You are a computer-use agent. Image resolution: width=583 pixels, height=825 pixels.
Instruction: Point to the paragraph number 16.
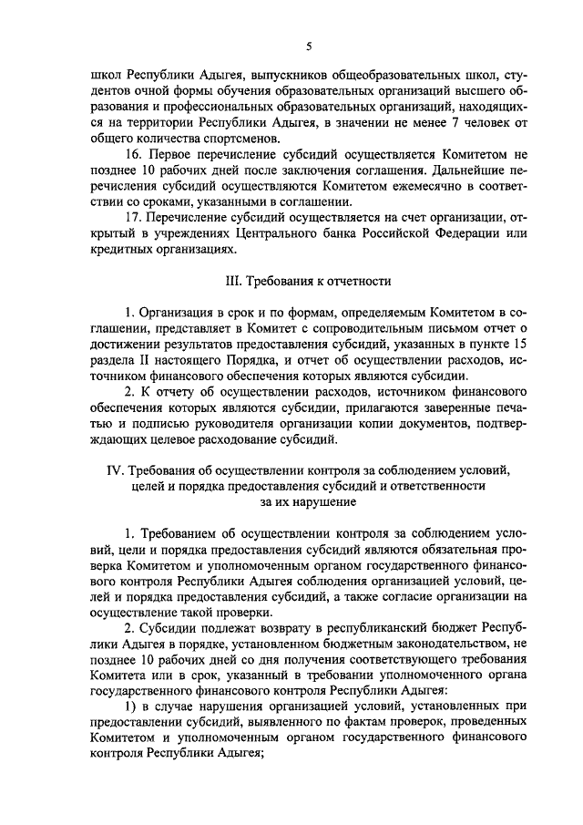(134, 155)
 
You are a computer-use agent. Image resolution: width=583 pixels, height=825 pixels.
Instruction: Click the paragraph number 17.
(134, 218)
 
